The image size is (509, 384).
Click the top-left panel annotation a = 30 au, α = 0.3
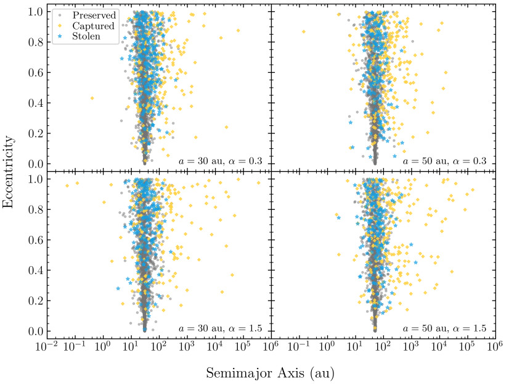coord(220,161)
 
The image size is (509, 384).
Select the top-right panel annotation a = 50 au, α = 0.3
coord(444,161)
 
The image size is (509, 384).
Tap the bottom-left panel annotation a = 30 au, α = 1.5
coord(220,328)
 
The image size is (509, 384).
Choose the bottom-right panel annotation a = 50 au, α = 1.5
coord(444,328)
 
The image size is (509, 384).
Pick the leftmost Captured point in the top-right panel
coord(303,31)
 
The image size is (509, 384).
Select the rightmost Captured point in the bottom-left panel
coord(258,183)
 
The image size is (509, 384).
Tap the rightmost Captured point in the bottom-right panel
coord(473,190)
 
